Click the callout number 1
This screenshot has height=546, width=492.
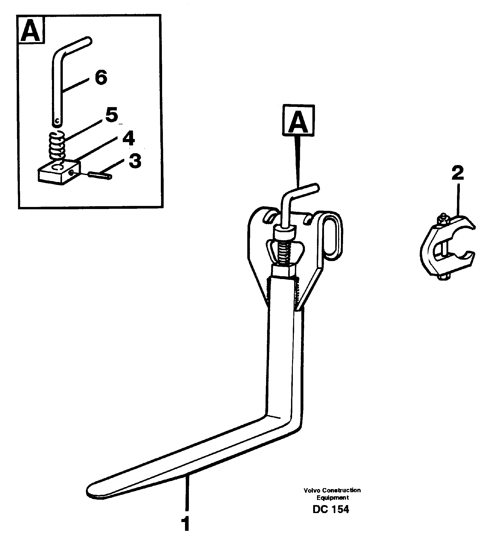(186, 524)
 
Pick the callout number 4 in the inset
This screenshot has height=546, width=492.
(128, 138)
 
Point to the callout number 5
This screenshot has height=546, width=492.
(112, 115)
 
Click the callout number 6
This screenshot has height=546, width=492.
(101, 77)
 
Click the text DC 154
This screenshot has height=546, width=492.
(331, 509)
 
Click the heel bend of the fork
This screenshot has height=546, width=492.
(287, 422)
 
